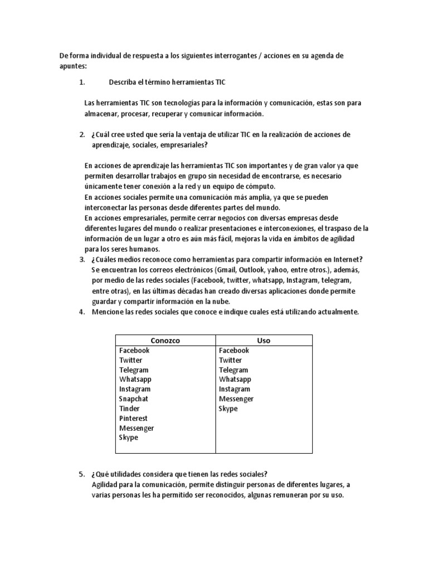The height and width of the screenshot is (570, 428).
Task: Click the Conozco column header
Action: coord(165,340)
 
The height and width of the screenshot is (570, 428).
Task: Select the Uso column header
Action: coord(264,340)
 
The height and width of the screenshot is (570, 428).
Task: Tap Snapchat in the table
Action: coord(134,399)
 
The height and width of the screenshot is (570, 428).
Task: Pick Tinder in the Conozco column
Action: coord(130,409)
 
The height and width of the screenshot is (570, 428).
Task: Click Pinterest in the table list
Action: coord(133,418)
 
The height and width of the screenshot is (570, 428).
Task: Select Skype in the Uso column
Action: coord(228,409)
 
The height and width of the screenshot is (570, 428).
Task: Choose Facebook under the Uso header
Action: coord(234,350)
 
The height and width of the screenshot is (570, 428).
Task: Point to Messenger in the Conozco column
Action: coord(137,428)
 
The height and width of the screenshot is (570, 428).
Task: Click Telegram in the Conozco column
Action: coord(134,370)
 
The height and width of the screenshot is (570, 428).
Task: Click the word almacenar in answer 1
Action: coord(101,114)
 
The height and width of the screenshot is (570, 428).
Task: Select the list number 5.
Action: coord(81,474)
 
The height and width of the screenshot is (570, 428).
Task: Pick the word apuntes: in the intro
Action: coord(73,66)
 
